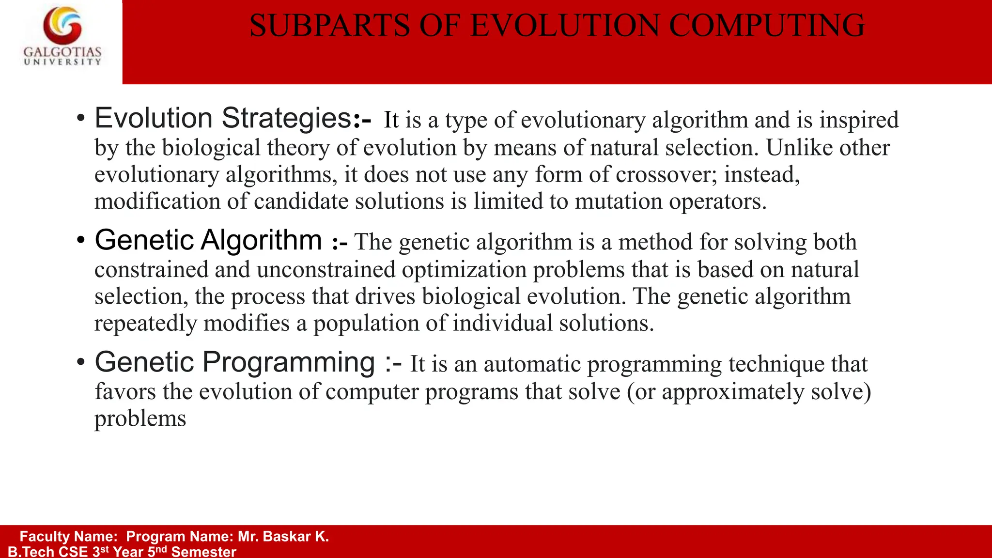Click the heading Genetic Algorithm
208,240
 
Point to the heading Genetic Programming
235,362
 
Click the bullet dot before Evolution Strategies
81,119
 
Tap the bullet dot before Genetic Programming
81,362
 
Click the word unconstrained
326,270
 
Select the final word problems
140,419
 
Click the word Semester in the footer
203,552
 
